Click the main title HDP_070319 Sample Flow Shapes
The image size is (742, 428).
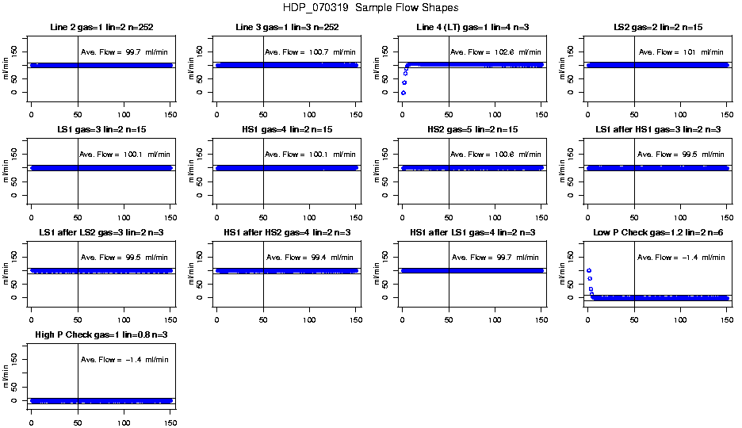pyautogui.click(x=370, y=8)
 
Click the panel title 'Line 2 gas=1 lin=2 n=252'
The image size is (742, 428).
pyautogui.click(x=101, y=28)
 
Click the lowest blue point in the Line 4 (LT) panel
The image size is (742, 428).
pyautogui.click(x=403, y=93)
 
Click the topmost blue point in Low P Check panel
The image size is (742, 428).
pyautogui.click(x=588, y=271)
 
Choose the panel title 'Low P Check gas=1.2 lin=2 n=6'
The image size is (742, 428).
pyautogui.click(x=657, y=233)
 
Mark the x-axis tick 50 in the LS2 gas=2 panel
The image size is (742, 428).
pyautogui.click(x=634, y=105)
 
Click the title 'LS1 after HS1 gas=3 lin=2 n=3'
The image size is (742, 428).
pyautogui.click(x=657, y=130)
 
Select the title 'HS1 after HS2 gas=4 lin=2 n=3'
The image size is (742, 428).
pyautogui.click(x=286, y=233)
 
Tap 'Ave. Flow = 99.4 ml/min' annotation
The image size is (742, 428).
pyautogui.click(x=309, y=258)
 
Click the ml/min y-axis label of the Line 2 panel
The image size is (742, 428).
pyautogui.click(x=8, y=65)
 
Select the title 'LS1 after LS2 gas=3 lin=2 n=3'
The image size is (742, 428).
pyautogui.click(x=101, y=233)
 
